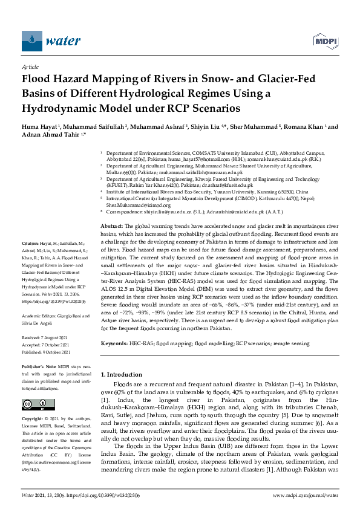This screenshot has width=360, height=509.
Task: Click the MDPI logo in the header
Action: [324, 42]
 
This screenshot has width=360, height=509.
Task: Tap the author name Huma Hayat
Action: [40, 128]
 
